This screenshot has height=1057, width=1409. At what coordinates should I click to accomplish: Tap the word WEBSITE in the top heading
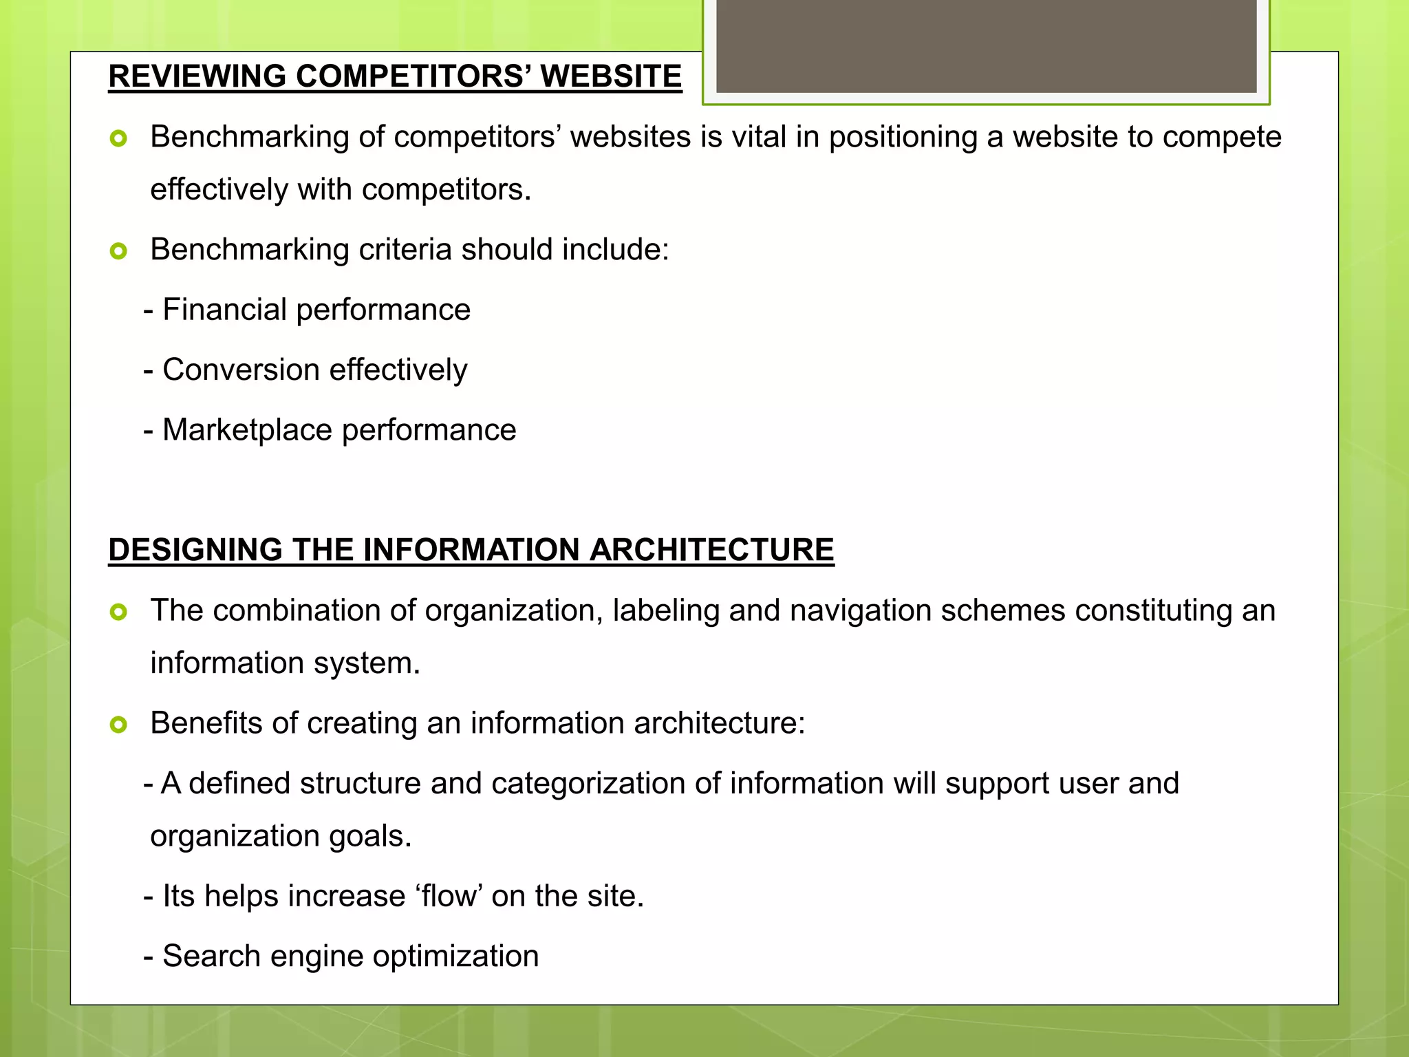coord(611,76)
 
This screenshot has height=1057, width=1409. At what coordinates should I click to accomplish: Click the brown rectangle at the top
coord(986,46)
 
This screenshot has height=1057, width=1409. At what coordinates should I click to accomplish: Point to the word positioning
coord(903,138)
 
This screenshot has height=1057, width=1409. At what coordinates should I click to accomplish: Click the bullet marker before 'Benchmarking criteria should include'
coord(118,251)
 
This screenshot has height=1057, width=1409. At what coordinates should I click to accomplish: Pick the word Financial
coord(224,310)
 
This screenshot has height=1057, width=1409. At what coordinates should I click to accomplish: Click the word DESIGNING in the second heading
coord(195,550)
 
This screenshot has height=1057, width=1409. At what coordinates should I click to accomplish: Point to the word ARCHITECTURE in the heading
coord(711,550)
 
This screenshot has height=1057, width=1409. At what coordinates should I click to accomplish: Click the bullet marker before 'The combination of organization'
coord(118,612)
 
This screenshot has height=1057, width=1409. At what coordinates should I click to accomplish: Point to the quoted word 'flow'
coord(450,896)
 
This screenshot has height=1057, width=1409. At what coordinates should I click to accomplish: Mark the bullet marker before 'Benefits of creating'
coord(118,725)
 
